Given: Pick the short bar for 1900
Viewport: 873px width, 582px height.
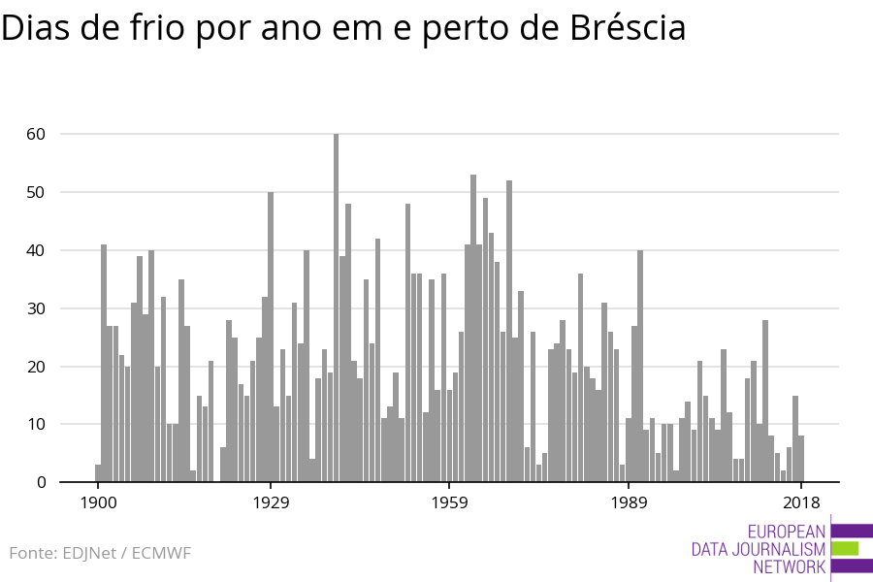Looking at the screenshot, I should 98,473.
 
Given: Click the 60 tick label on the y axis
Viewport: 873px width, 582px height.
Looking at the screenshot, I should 36,134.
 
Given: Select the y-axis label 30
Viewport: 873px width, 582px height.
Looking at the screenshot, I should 36,308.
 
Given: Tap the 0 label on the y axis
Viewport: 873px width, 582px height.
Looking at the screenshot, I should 41,482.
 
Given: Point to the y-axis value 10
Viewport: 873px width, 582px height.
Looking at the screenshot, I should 36,424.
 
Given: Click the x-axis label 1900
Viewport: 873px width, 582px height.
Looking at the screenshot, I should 98,502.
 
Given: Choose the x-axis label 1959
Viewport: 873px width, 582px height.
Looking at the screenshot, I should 449,502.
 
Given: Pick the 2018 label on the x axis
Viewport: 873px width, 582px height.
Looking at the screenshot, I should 801,502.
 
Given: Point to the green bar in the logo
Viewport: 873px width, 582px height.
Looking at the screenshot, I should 845,548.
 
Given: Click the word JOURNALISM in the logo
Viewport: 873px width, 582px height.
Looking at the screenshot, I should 777,549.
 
